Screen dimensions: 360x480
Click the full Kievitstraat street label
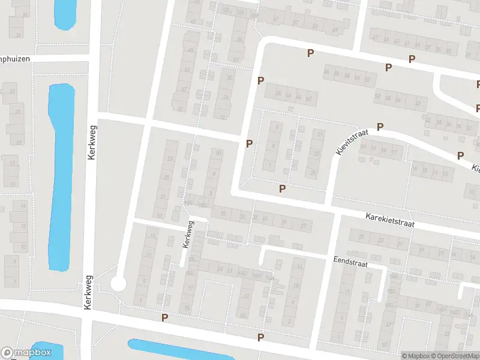tap(352, 142)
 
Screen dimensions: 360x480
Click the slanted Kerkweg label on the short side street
tap(188, 234)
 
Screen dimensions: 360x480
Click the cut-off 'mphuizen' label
tap(14, 59)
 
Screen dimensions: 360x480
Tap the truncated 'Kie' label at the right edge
tap(475, 169)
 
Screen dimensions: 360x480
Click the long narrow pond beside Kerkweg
tap(60, 174)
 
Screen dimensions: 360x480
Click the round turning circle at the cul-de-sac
tap(118, 283)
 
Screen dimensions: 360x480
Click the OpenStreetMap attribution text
tap(454, 356)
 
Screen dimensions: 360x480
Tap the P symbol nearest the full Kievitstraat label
tap(380, 127)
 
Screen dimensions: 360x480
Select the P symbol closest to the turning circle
tap(164, 317)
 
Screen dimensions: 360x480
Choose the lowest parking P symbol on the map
tap(260, 337)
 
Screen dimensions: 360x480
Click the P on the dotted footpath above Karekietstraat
tap(282, 189)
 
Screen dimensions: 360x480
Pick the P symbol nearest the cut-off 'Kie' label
tap(460, 155)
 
